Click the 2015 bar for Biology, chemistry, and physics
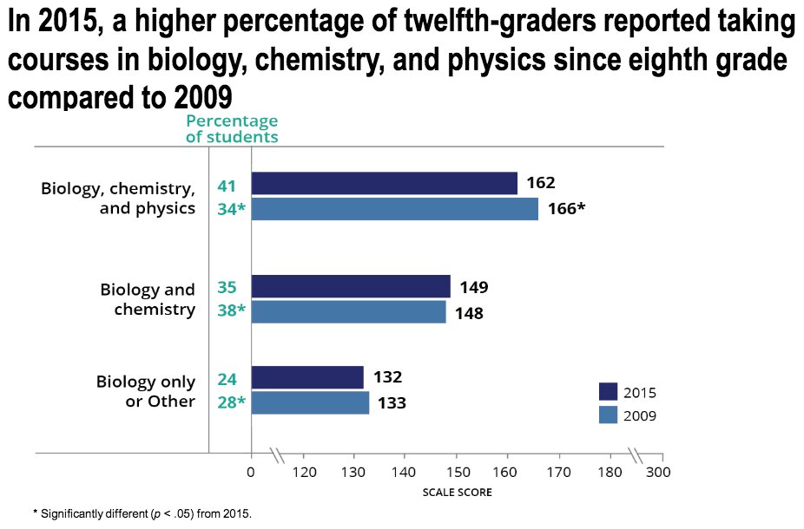(x=384, y=183)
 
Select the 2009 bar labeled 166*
(x=394, y=209)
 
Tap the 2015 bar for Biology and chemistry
(x=351, y=286)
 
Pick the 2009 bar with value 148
(x=348, y=312)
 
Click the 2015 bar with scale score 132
(x=307, y=377)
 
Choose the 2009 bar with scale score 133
(x=310, y=402)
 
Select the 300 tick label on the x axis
(x=660, y=473)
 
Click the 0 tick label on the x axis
(x=251, y=473)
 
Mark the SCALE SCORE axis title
(x=457, y=493)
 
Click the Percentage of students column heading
(x=231, y=128)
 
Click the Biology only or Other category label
(x=146, y=391)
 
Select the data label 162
(x=540, y=183)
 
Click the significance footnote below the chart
(x=142, y=514)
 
